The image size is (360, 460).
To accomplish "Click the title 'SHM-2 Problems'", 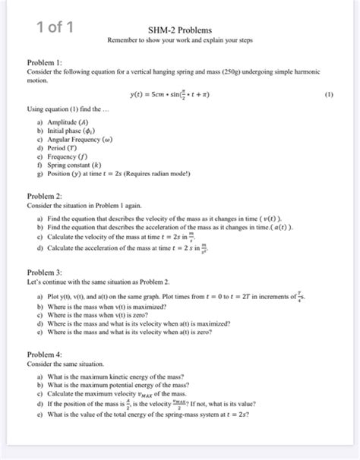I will coord(180,28).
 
